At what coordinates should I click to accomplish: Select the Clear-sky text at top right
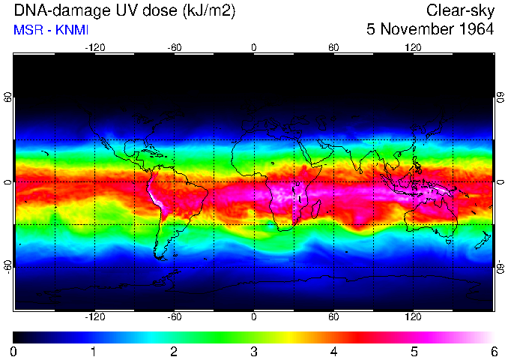(x=460, y=10)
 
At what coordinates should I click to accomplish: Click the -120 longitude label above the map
(x=94, y=48)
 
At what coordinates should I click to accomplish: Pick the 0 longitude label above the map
(x=254, y=48)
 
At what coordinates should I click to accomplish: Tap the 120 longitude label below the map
(x=413, y=316)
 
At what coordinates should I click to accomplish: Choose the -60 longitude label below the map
(x=174, y=316)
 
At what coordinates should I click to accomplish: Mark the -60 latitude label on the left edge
(x=7, y=265)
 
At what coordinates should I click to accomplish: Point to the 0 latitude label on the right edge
(x=501, y=182)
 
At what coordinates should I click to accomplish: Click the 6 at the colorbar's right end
(x=494, y=351)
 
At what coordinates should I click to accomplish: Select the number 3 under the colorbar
(x=254, y=351)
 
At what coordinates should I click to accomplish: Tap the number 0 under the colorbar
(x=14, y=351)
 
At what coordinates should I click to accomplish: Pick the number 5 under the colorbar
(x=414, y=351)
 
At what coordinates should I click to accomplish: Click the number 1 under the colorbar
(x=94, y=351)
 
